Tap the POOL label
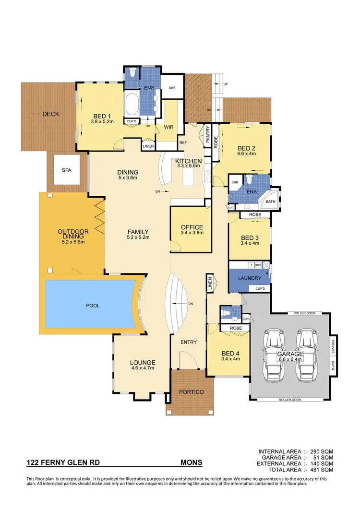[94, 305]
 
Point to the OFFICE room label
[192, 227]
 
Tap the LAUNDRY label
[249, 278]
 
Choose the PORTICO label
[191, 392]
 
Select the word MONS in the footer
[191, 463]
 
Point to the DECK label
[51, 114]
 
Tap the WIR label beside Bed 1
[168, 127]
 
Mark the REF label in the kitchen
[183, 142]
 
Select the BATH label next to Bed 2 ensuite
[270, 202]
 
